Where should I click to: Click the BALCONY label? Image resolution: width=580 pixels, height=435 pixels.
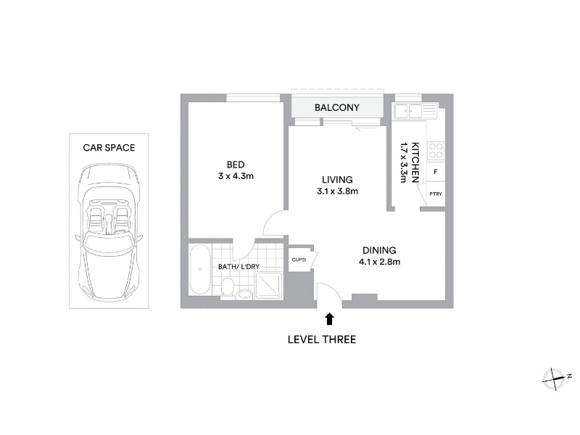[x=337, y=107]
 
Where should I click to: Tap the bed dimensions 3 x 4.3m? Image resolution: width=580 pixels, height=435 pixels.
[x=236, y=176]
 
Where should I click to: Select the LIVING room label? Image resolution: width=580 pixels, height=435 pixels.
[x=337, y=180]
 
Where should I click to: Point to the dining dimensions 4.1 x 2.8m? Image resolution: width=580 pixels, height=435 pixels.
[x=379, y=262]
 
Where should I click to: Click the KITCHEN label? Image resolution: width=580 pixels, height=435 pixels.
[x=415, y=162]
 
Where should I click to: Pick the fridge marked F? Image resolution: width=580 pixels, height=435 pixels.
[x=436, y=172]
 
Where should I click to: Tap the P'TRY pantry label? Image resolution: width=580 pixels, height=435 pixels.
[x=436, y=194]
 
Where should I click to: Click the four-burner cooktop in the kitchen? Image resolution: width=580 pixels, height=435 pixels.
[x=436, y=151]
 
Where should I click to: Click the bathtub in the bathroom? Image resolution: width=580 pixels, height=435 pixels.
[x=200, y=269]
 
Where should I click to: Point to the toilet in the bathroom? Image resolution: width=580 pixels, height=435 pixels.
[x=228, y=287]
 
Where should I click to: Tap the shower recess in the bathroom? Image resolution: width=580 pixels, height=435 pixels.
[x=269, y=286]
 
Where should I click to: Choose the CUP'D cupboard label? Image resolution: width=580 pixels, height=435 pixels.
[x=299, y=260]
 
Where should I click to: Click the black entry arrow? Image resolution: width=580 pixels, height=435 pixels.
[x=329, y=319]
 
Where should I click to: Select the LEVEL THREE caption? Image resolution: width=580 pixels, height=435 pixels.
[x=322, y=339]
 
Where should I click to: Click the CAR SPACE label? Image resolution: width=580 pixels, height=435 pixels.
[x=109, y=148]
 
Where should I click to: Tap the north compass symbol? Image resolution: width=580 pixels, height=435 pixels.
[x=554, y=379]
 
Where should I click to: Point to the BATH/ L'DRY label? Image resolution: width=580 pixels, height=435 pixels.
[x=239, y=266]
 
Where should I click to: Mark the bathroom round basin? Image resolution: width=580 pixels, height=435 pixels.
[x=244, y=294]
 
